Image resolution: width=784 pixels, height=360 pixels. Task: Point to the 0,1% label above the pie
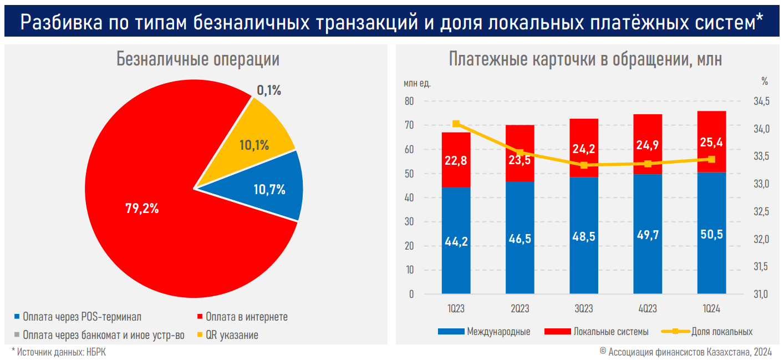(x=269, y=90)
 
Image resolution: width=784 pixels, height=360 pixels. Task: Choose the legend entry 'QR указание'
(x=232, y=335)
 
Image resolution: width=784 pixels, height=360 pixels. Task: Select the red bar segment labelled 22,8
(x=456, y=160)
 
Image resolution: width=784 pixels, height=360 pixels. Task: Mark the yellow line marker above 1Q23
(x=456, y=124)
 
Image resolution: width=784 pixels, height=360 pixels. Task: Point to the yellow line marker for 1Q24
(x=711, y=159)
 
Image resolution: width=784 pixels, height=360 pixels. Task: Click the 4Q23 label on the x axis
(x=647, y=309)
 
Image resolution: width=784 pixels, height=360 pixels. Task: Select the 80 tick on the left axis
(x=409, y=101)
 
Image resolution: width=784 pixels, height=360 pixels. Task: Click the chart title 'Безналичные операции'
(x=198, y=60)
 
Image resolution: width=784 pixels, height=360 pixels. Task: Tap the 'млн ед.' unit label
(x=417, y=83)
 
